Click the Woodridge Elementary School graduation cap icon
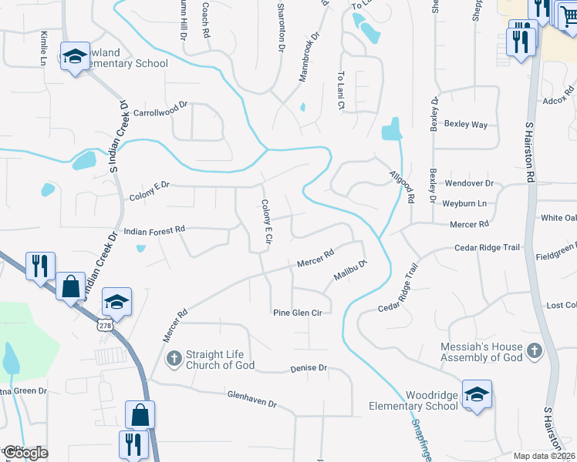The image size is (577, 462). (477, 394)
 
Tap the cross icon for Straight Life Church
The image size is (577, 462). (174, 358)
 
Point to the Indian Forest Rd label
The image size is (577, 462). (155, 229)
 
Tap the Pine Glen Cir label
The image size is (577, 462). (297, 313)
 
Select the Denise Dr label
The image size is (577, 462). (309, 368)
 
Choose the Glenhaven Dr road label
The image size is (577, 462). (251, 398)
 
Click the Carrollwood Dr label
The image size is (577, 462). (160, 109)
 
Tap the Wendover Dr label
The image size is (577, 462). (469, 183)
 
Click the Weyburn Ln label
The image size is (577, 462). (464, 203)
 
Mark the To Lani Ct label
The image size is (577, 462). (340, 91)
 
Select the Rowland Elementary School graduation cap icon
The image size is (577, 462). (76, 55)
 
